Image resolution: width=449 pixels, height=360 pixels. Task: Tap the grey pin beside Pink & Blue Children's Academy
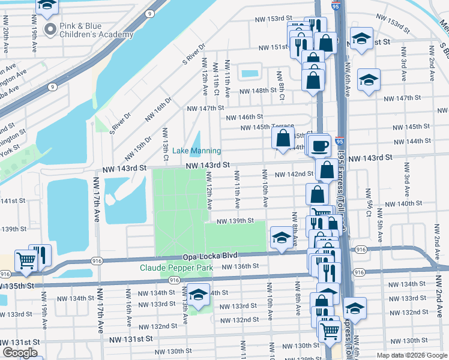click(50, 28)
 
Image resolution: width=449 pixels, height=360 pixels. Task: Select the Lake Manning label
click(197, 151)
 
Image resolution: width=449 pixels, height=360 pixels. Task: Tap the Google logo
click(20, 353)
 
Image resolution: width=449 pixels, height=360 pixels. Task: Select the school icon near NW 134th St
click(197, 295)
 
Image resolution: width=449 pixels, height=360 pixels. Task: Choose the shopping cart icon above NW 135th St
click(26, 260)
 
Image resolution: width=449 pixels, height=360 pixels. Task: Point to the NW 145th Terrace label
click(267, 127)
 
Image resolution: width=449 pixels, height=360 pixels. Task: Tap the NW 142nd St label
click(294, 174)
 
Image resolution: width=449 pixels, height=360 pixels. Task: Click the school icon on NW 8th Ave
click(281, 237)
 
